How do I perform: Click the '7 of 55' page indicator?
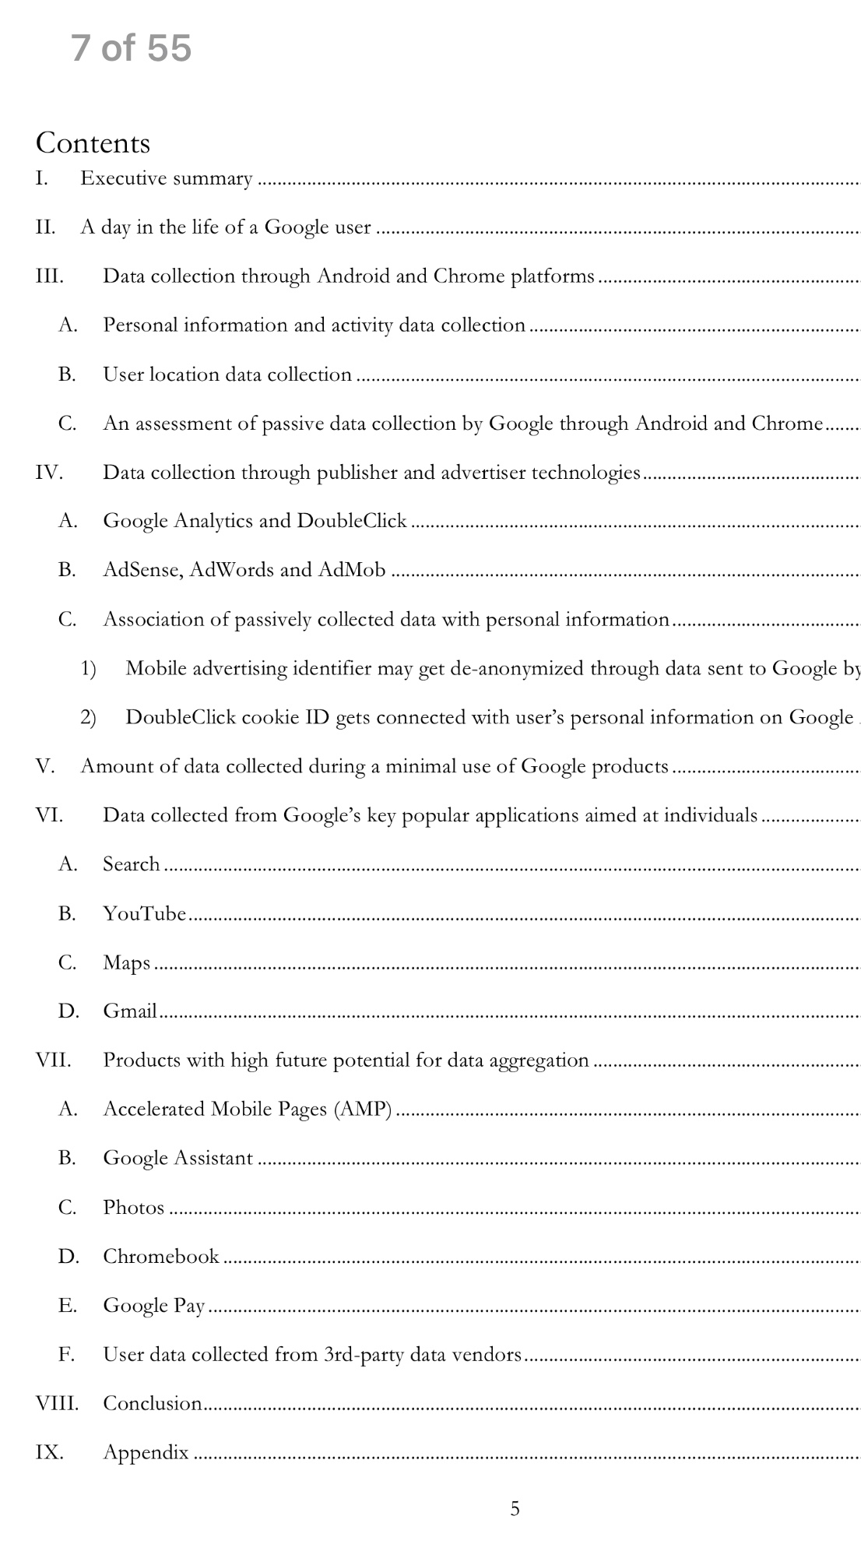point(131,48)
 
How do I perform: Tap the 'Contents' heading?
point(93,143)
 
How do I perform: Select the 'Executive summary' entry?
point(166,179)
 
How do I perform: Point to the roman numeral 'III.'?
point(49,276)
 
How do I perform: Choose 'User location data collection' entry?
point(227,375)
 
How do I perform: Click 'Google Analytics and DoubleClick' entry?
point(255,521)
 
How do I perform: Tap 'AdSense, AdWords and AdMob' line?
point(244,570)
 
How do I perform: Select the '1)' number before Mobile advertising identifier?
point(88,669)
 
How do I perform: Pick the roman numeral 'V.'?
point(44,766)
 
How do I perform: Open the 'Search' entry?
point(131,864)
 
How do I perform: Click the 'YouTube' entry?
point(144,913)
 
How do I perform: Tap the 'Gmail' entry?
point(130,1011)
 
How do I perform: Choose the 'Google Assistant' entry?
point(177,1159)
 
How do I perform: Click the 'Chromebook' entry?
point(160,1257)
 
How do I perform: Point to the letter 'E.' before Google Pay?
point(67,1306)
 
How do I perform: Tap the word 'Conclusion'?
point(152,1404)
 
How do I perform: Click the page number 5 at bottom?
point(515,1509)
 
